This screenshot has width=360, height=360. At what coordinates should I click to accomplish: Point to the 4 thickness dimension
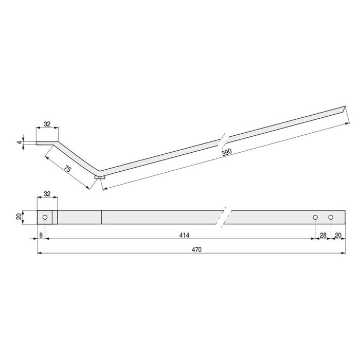(x=20, y=141)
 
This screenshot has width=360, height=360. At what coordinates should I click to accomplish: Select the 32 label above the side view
(x=47, y=124)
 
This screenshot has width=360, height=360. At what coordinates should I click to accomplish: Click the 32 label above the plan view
(x=47, y=194)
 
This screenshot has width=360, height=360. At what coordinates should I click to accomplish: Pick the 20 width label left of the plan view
(x=19, y=217)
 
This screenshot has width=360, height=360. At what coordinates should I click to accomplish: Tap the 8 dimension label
(x=41, y=235)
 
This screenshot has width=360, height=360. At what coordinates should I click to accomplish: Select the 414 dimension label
(x=185, y=235)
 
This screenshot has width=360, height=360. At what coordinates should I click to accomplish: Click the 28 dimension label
(x=323, y=235)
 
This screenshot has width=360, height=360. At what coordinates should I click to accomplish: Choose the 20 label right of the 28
(x=338, y=235)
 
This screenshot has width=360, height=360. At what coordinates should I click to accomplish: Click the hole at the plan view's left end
(x=45, y=217)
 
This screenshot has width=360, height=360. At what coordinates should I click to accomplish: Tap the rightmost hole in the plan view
(x=331, y=217)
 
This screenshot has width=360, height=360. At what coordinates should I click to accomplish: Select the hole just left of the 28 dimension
(x=315, y=217)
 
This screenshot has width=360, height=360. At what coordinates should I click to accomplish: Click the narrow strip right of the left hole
(x=55, y=217)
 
